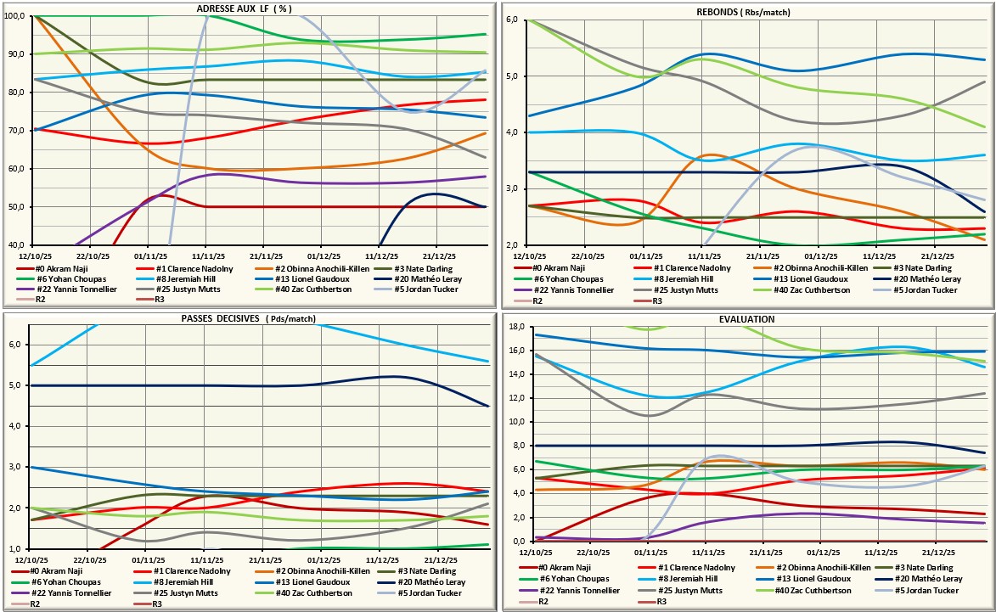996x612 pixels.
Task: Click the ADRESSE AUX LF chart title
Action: pos(245,8)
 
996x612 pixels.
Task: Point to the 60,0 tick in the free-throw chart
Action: pos(17,169)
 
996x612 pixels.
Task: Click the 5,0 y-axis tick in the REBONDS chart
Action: pos(512,76)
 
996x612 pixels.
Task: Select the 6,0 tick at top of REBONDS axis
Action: pos(512,20)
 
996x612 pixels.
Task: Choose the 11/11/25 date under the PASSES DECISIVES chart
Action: pos(207,559)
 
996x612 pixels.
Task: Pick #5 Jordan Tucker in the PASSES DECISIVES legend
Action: pos(444,593)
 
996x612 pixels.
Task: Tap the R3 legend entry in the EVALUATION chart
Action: pos(656,603)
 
